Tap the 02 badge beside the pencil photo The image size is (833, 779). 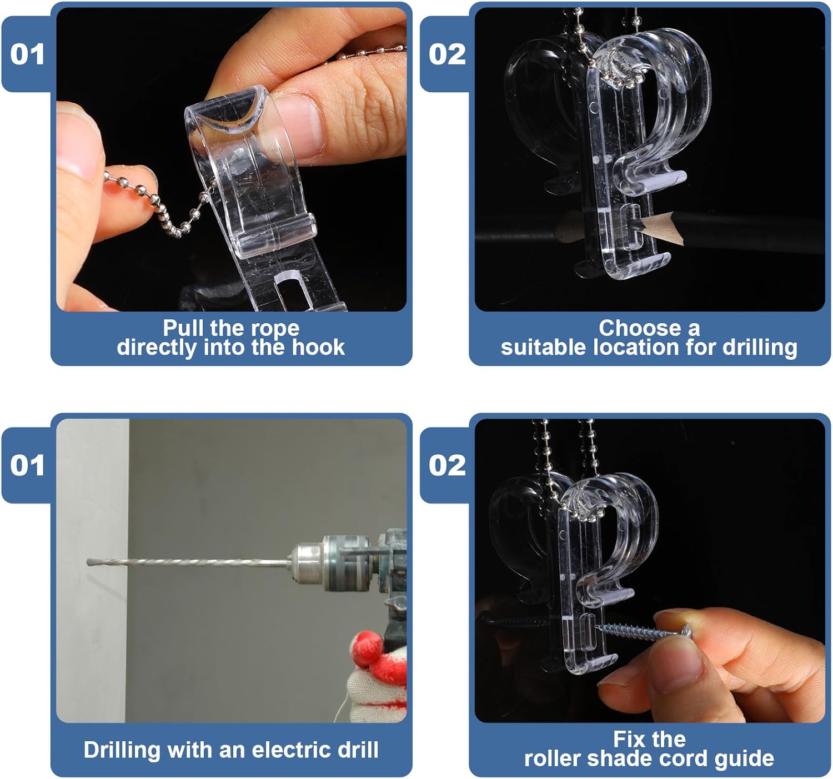(x=446, y=54)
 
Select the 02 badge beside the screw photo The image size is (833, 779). (x=446, y=465)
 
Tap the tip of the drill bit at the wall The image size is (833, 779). (x=90, y=562)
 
